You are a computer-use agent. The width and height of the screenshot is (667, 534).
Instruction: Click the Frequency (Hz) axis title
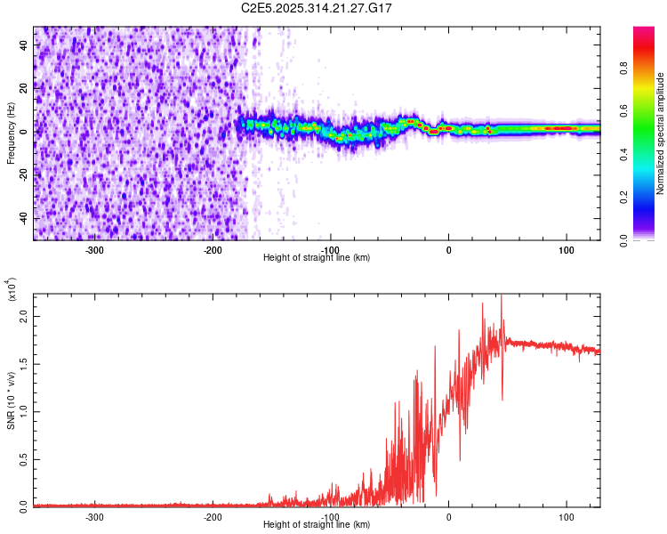tap(11, 133)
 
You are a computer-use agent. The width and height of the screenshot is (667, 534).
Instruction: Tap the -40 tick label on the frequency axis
tap(24, 218)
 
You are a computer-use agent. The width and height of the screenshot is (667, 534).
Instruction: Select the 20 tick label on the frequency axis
tap(24, 88)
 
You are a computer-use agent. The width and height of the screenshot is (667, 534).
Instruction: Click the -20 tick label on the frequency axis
tap(24, 174)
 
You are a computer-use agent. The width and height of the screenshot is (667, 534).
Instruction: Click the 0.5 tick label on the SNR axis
tap(24, 457)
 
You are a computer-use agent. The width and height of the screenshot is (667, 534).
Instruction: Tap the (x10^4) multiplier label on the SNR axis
tap(11, 291)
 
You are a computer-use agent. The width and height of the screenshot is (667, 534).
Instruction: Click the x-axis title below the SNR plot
tap(317, 524)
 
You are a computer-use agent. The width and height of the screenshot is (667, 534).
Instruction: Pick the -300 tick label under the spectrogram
tap(94, 249)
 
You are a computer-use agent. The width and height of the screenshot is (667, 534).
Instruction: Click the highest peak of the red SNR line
tap(502, 296)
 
